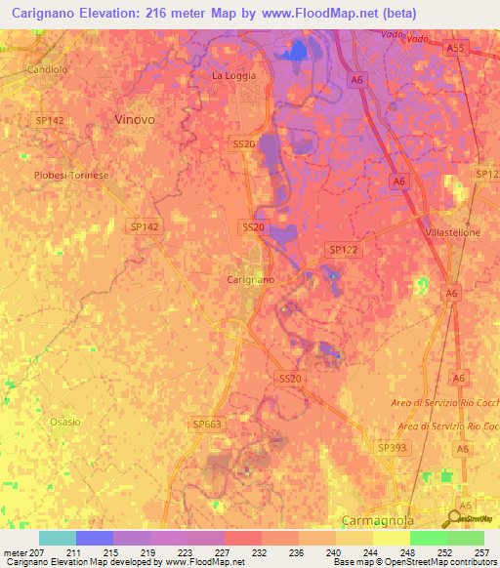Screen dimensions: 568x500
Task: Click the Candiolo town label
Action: pos(47,71)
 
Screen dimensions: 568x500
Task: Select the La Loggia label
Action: pos(233,75)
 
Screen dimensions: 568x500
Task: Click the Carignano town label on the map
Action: pos(250,279)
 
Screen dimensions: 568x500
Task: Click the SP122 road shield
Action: pos(344,250)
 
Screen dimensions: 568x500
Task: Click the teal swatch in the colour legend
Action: pos(57,538)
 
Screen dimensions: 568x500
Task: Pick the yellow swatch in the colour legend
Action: pos(391,538)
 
